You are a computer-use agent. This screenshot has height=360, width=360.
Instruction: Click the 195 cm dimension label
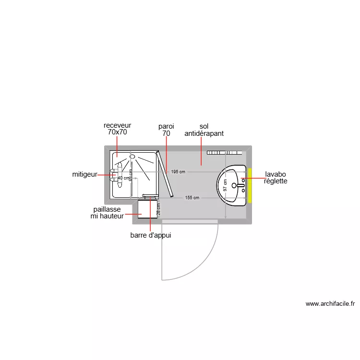tap(178, 172)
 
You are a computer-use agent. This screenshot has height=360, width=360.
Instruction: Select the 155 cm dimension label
tap(192, 198)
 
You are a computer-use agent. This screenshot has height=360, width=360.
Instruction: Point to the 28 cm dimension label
tap(158, 209)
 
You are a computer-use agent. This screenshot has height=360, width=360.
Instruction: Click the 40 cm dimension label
tap(123, 178)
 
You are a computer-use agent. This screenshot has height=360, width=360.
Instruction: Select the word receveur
tap(117, 125)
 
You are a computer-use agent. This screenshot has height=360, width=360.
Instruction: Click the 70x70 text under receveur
tap(117, 132)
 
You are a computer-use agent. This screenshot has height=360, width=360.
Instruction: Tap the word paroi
tap(166, 126)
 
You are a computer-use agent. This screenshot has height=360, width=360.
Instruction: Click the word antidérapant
tap(204, 134)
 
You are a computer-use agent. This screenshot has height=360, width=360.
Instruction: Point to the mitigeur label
tap(85, 175)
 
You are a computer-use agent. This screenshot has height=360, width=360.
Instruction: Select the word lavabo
tap(276, 174)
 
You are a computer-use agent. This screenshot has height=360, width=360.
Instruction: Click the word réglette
tap(276, 181)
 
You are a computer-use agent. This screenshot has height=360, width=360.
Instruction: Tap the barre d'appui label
tap(151, 235)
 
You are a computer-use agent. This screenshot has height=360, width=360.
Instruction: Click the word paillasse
tap(107, 210)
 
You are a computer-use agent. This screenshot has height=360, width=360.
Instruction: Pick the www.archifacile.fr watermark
tap(330, 303)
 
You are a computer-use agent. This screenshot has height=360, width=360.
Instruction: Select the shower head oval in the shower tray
tap(132, 156)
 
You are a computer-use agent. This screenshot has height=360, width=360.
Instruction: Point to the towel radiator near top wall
tap(224, 153)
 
